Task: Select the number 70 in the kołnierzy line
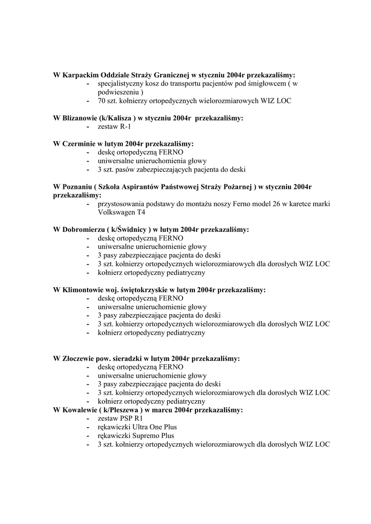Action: pyautogui.click(x=102, y=101)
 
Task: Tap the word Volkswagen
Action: pyautogui.click(x=117, y=212)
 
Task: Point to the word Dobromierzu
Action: pyautogui.click(x=84, y=230)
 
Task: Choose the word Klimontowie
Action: pyautogui.click(x=83, y=290)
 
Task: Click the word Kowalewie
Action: pyautogui.click(x=81, y=410)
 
